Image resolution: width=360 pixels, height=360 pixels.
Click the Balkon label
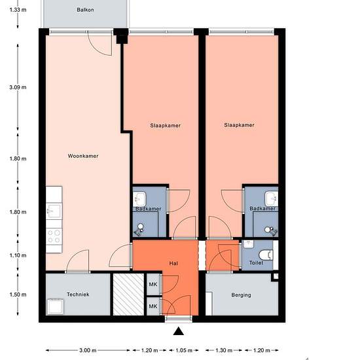click(85, 10)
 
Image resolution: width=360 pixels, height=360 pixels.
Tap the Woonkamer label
click(83, 156)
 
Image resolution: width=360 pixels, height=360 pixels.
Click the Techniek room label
click(78, 295)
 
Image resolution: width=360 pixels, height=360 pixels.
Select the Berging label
click(241, 295)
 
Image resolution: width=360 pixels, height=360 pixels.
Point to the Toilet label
click(256, 262)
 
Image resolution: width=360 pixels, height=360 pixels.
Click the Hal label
click(173, 263)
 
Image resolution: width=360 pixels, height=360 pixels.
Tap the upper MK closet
click(153, 284)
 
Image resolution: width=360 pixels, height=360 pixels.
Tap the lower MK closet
click(153, 306)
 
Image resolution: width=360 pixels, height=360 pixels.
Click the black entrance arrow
click(179, 331)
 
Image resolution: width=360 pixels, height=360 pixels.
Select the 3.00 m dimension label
click(88, 350)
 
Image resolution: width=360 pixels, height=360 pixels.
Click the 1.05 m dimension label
click(184, 350)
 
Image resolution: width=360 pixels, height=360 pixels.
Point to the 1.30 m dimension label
click(224, 350)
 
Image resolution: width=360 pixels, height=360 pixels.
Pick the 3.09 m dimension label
click(18, 87)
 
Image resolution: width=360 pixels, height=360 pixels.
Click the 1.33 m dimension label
click(18, 10)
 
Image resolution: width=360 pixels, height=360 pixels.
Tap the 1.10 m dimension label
click(18, 255)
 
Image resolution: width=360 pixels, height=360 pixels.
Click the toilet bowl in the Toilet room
click(266, 255)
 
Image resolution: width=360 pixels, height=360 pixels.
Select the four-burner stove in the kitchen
click(54, 236)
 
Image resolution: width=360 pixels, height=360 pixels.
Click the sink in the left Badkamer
click(139, 198)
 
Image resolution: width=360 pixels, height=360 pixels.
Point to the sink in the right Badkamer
click(272, 199)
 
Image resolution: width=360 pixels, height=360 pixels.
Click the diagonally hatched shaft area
click(128, 295)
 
